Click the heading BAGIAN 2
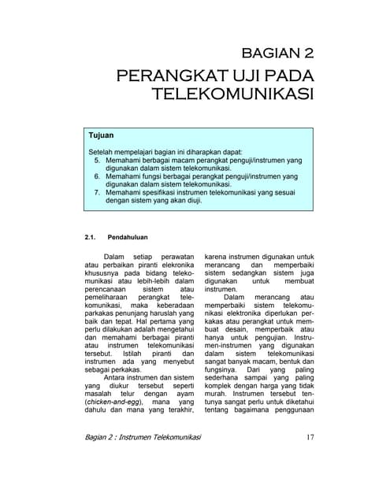277,54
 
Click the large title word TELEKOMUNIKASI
233,96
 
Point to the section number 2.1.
89,236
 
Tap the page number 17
309,438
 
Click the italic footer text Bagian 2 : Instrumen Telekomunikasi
143,439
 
